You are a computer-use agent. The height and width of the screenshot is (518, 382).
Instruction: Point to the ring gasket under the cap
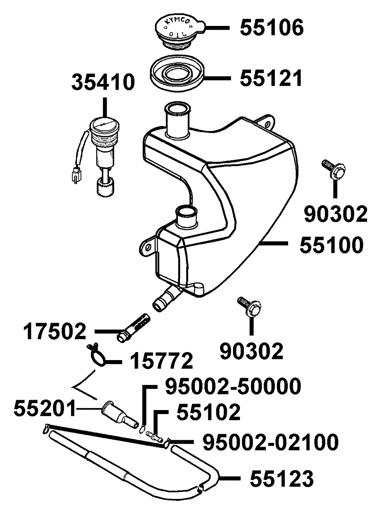(176, 73)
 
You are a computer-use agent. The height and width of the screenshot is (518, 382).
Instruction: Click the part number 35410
(103, 82)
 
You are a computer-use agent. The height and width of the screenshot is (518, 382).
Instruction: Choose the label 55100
(331, 245)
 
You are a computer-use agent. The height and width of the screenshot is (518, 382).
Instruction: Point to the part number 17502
(54, 332)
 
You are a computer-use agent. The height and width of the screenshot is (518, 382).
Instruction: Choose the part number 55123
(282, 478)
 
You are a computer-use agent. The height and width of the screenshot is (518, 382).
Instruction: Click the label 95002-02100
(270, 442)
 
